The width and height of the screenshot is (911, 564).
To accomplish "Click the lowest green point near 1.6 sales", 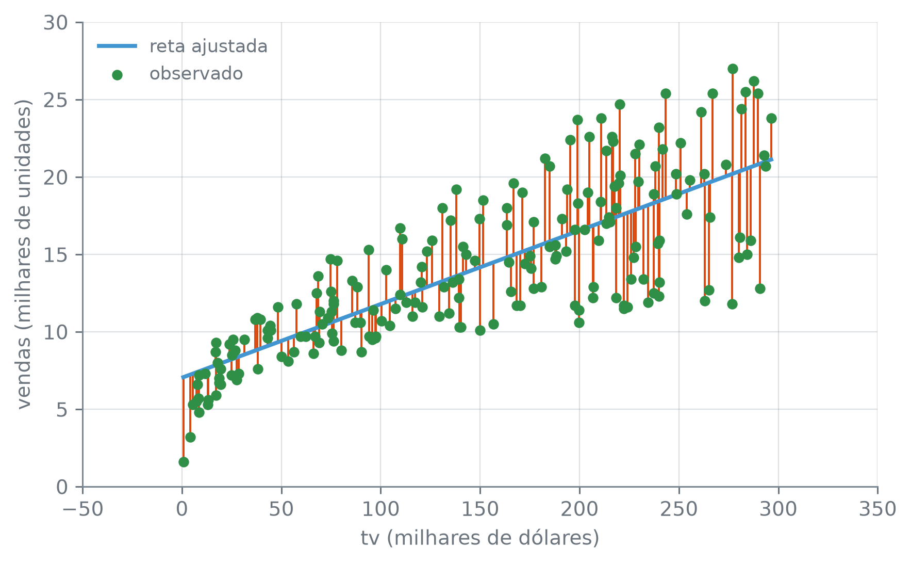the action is [x=184, y=462].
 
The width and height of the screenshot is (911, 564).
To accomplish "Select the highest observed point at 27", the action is [x=733, y=69].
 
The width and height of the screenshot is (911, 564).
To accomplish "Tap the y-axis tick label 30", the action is [x=55, y=23].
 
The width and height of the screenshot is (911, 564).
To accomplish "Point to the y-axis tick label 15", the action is [x=55, y=255].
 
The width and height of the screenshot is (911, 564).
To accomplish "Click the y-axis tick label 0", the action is [x=62, y=487].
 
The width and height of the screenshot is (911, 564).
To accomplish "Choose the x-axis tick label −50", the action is [x=83, y=509].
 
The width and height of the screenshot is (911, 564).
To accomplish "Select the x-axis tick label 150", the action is [x=480, y=509].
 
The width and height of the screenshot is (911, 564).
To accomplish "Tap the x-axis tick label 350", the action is [x=877, y=509].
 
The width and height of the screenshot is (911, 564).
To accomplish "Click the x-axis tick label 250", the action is [x=679, y=509].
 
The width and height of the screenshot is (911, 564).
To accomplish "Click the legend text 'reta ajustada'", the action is [x=208, y=46].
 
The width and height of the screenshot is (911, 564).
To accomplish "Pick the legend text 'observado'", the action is [x=196, y=74].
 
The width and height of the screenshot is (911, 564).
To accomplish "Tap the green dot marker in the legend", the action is [x=117, y=75].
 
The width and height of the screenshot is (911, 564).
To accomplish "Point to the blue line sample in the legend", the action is [x=117, y=46].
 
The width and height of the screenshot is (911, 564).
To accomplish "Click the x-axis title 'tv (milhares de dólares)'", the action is [x=480, y=538].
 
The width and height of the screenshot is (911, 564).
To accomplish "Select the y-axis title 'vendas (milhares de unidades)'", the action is [x=24, y=254].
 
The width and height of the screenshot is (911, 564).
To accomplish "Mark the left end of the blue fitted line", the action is [x=183, y=378].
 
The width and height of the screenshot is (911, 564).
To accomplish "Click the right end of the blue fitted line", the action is [x=772, y=159].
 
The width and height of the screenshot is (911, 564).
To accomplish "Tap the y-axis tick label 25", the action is [x=55, y=100].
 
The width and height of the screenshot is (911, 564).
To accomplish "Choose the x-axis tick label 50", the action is [x=281, y=509].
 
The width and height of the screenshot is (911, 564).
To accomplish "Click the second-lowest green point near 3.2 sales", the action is [x=190, y=437].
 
